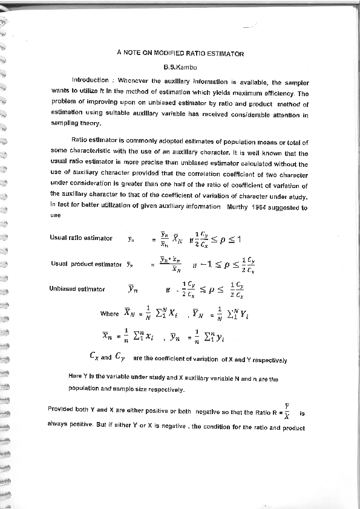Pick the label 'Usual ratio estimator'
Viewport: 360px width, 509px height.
[81, 238]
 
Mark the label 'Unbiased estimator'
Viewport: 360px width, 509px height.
[77, 289]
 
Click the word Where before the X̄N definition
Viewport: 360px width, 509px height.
[110, 314]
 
